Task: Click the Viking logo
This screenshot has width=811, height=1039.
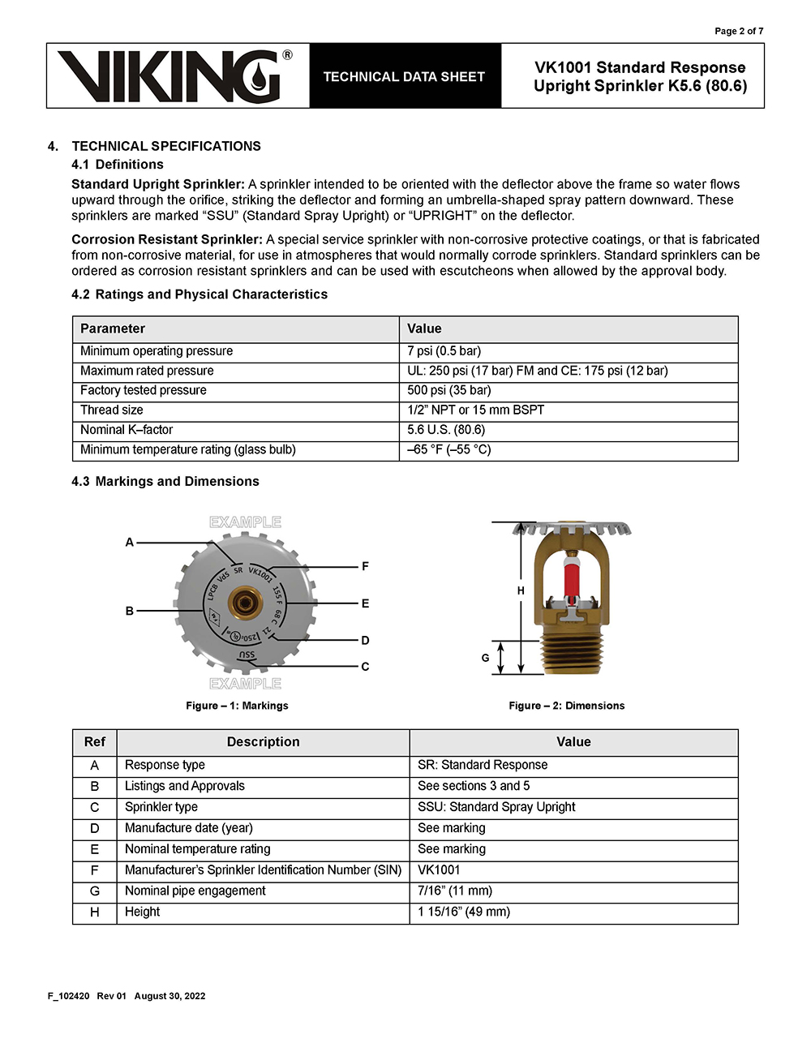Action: pyautogui.click(x=175, y=76)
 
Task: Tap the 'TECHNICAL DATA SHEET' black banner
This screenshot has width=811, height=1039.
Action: pyautogui.click(x=404, y=76)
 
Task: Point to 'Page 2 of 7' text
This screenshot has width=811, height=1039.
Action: pyautogui.click(x=738, y=31)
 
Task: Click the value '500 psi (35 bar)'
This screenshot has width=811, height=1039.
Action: pyautogui.click(x=449, y=390)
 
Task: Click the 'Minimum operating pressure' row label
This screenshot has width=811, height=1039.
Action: pyautogui.click(x=157, y=351)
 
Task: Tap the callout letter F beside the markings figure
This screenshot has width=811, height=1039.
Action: pyautogui.click(x=365, y=566)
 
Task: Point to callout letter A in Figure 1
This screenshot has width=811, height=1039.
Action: pyautogui.click(x=130, y=542)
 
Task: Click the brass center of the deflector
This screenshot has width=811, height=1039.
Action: pyautogui.click(x=243, y=603)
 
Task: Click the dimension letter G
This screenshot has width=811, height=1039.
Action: pyautogui.click(x=485, y=658)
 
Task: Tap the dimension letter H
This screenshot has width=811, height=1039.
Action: pyautogui.click(x=521, y=590)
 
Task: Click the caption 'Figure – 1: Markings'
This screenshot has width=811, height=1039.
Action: pyautogui.click(x=237, y=706)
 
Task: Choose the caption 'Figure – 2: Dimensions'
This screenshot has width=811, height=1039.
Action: pyautogui.click(x=566, y=706)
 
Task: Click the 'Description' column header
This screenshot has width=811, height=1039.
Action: pyautogui.click(x=263, y=742)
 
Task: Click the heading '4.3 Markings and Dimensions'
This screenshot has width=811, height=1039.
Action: pyautogui.click(x=165, y=481)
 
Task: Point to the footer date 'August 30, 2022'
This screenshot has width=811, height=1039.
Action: pyautogui.click(x=169, y=996)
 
